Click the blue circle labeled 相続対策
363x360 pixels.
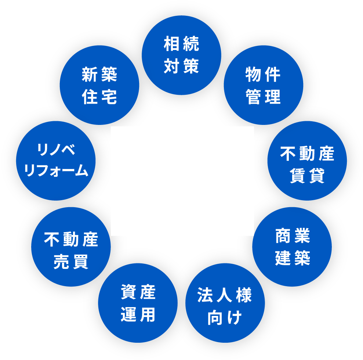point(181,55)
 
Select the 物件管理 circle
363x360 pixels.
point(263,85)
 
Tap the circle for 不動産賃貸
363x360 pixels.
point(307,161)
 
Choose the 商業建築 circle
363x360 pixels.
point(292,246)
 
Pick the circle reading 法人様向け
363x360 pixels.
point(225,303)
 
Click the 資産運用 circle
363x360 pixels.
point(138,303)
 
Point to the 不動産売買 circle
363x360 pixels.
point(71,246)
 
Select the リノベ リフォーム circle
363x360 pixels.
point(56,161)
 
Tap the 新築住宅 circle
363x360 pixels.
point(99,85)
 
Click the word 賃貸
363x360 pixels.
point(307,176)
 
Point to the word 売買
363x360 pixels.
point(71,262)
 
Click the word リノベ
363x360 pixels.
point(56,150)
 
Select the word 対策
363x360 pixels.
point(181,66)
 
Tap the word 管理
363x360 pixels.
point(263,97)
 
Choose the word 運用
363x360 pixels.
point(138,315)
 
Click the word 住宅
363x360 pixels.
point(99,97)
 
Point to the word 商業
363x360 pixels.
point(293,236)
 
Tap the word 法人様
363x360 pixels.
point(225,295)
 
